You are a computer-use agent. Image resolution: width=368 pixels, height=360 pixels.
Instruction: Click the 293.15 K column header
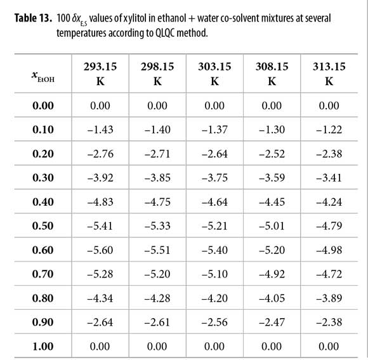(x=100, y=74)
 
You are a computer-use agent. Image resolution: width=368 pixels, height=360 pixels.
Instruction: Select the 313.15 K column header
(x=329, y=74)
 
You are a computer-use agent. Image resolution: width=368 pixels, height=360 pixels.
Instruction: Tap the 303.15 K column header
(x=214, y=74)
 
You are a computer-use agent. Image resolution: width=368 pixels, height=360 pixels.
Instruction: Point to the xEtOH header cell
(x=43, y=76)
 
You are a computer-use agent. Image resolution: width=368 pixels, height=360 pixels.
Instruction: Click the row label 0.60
(x=43, y=250)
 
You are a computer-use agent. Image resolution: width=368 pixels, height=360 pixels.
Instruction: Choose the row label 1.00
(x=43, y=346)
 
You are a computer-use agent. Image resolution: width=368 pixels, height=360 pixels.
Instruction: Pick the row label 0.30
(x=43, y=178)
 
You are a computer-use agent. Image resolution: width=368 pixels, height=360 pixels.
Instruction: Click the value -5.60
(x=100, y=250)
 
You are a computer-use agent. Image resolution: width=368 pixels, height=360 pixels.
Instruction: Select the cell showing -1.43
(x=100, y=130)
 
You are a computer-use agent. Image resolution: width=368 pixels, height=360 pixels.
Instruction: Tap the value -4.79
(x=329, y=225)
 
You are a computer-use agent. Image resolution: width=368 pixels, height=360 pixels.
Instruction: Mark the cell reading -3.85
(x=157, y=178)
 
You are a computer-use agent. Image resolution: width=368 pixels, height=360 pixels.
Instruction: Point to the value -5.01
(x=272, y=225)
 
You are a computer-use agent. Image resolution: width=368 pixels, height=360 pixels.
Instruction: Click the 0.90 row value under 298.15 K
(x=157, y=322)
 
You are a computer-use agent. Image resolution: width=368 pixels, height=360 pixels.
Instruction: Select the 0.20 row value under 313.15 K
(x=329, y=154)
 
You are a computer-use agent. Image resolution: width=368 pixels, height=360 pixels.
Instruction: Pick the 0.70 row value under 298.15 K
(x=157, y=274)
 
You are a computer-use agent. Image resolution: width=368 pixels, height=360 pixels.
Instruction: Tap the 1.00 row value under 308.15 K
(x=272, y=346)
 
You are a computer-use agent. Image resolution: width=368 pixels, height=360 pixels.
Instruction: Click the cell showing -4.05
(x=272, y=298)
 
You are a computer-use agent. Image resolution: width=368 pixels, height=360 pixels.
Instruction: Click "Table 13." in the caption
(x=33, y=18)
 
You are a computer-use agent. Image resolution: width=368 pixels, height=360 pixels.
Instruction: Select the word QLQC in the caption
(x=165, y=33)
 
